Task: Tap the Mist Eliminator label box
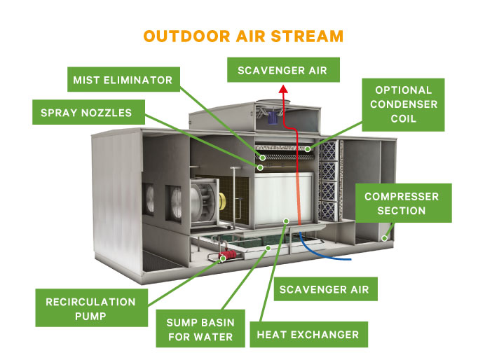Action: (x=123, y=80)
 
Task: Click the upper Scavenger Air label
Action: (x=282, y=71)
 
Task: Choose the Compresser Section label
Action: (x=401, y=203)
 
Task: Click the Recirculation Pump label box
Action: (x=90, y=309)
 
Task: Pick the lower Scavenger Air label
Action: (x=318, y=287)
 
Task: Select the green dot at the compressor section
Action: (x=384, y=239)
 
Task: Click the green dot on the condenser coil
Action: (x=307, y=149)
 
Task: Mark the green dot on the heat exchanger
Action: (x=285, y=221)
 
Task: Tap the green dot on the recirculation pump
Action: (x=223, y=258)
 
